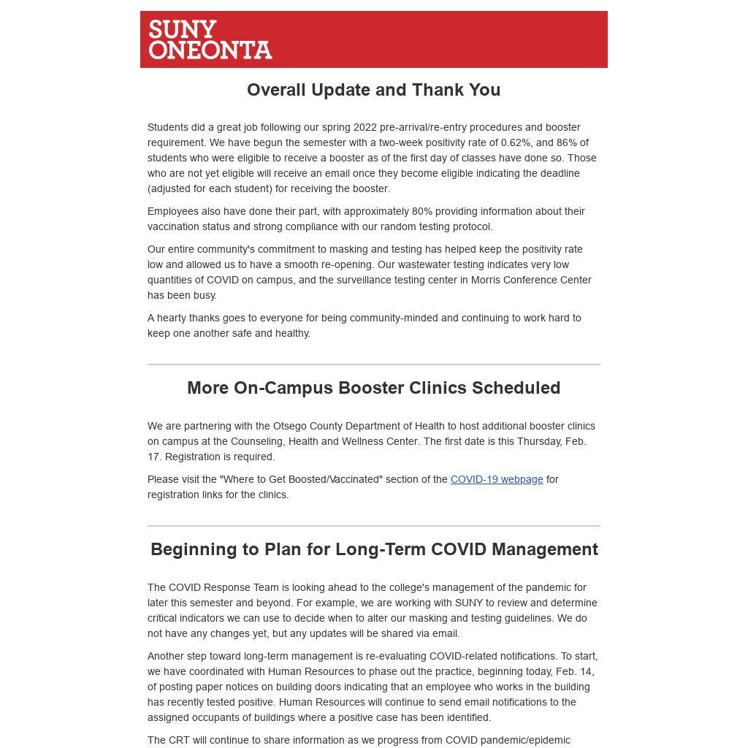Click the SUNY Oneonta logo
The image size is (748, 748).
(x=210, y=39)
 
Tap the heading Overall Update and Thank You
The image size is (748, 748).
(x=373, y=90)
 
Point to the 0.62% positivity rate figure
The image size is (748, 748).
(x=515, y=142)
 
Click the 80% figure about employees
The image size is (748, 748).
(x=422, y=211)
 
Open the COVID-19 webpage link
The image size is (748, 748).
(x=497, y=479)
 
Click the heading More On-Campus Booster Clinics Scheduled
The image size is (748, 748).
(x=373, y=388)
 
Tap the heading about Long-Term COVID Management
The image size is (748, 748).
(x=374, y=549)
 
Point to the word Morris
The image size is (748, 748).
(x=487, y=280)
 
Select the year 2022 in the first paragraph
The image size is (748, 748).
(x=365, y=127)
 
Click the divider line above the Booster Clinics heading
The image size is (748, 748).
(x=374, y=365)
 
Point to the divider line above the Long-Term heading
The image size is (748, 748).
(x=374, y=526)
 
